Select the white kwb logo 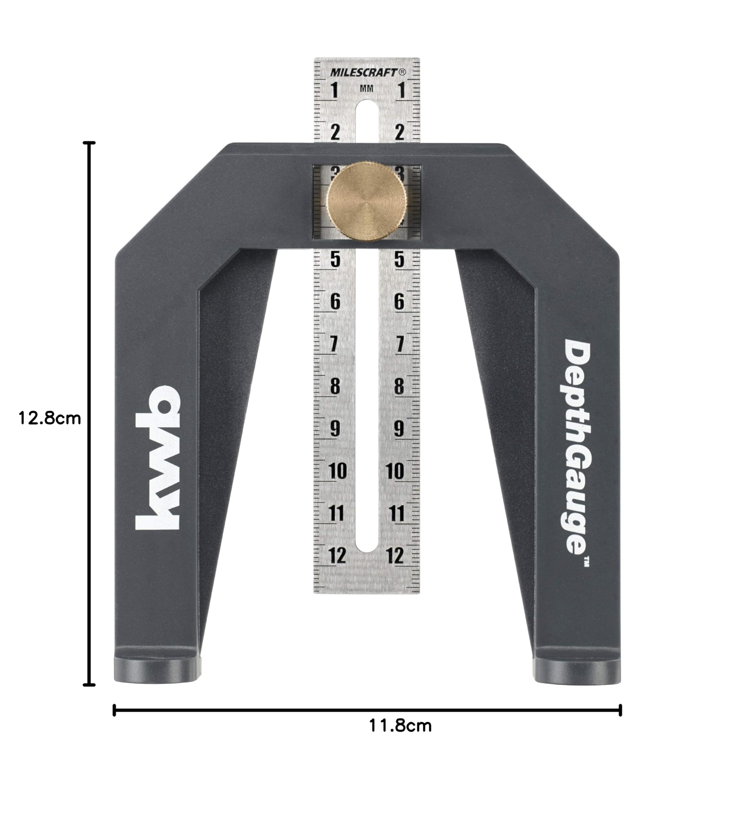157,458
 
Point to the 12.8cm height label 50,418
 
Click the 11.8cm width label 400,726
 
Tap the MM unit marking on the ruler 366,89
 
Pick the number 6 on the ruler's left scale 335,302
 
